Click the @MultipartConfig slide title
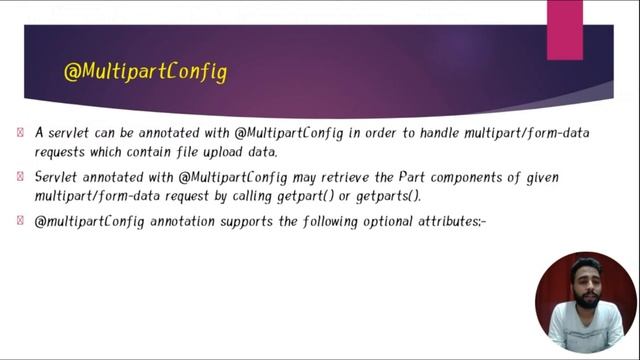[145, 72]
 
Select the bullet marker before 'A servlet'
[21, 132]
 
